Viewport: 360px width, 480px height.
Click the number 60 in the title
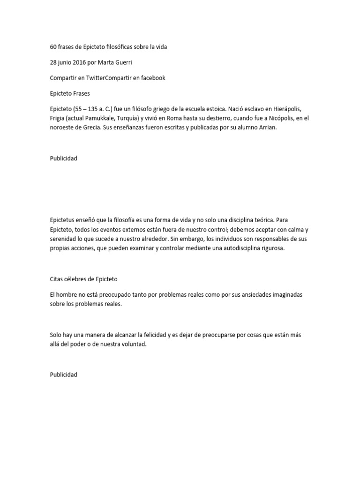53,47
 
